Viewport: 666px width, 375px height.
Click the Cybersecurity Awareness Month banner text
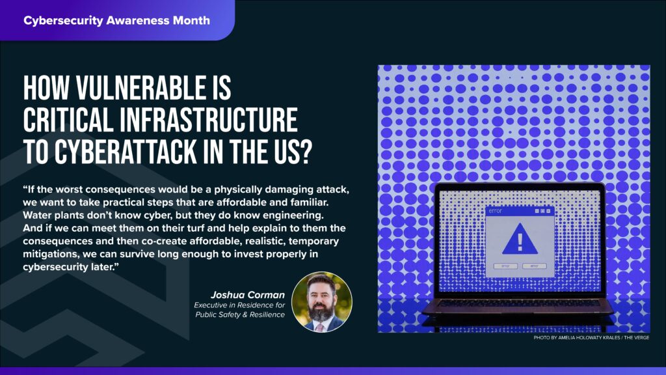click(116, 20)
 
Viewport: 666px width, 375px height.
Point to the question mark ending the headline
click(304, 152)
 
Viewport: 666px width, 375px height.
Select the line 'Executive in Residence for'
click(239, 305)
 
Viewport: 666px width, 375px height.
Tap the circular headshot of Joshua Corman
click(321, 301)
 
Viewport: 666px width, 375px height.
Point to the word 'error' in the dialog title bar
click(496, 211)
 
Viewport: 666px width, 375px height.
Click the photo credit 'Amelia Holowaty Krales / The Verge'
click(591, 337)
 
